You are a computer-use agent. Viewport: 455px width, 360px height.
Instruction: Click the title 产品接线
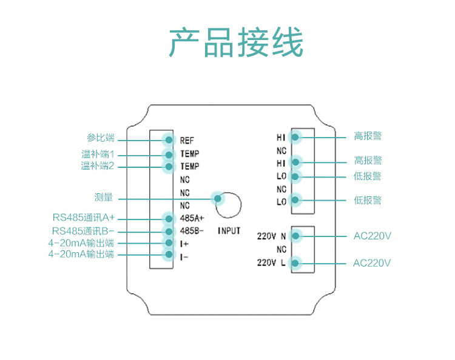[x=235, y=42]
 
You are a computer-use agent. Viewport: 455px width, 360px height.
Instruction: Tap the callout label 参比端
[x=100, y=138]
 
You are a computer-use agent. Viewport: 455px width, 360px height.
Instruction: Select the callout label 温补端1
[x=98, y=155]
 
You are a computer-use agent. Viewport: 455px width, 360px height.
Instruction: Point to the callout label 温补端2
[x=98, y=165]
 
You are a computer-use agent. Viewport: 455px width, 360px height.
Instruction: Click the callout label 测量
[x=104, y=198]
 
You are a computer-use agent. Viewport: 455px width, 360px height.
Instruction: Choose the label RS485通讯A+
[x=83, y=218]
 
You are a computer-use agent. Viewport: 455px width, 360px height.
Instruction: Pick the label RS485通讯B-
[x=83, y=231]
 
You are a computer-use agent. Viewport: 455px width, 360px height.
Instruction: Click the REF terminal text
[x=187, y=141]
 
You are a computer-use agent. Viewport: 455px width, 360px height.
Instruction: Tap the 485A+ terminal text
[x=192, y=218]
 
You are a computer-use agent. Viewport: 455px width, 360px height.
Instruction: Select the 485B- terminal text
[x=192, y=231]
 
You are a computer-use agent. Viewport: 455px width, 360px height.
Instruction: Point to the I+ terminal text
[x=184, y=244]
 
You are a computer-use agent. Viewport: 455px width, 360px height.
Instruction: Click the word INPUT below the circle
[x=229, y=231]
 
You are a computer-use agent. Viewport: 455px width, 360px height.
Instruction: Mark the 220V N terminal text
[x=272, y=236]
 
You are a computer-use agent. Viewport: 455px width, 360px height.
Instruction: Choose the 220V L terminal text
[x=272, y=263]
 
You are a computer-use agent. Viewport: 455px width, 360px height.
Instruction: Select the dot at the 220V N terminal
[x=297, y=236]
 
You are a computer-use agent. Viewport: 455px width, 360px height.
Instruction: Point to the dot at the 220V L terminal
[x=297, y=263]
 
